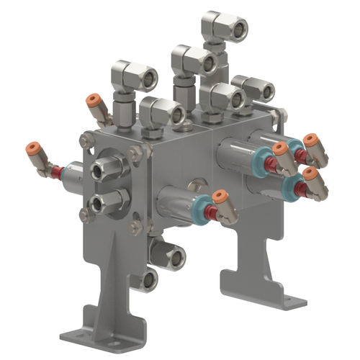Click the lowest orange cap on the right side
coord(310,174)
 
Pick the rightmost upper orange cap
coord(310,140)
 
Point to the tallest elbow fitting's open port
coord(235,29)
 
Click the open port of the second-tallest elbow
coord(207,63)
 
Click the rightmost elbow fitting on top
coord(262,90)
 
